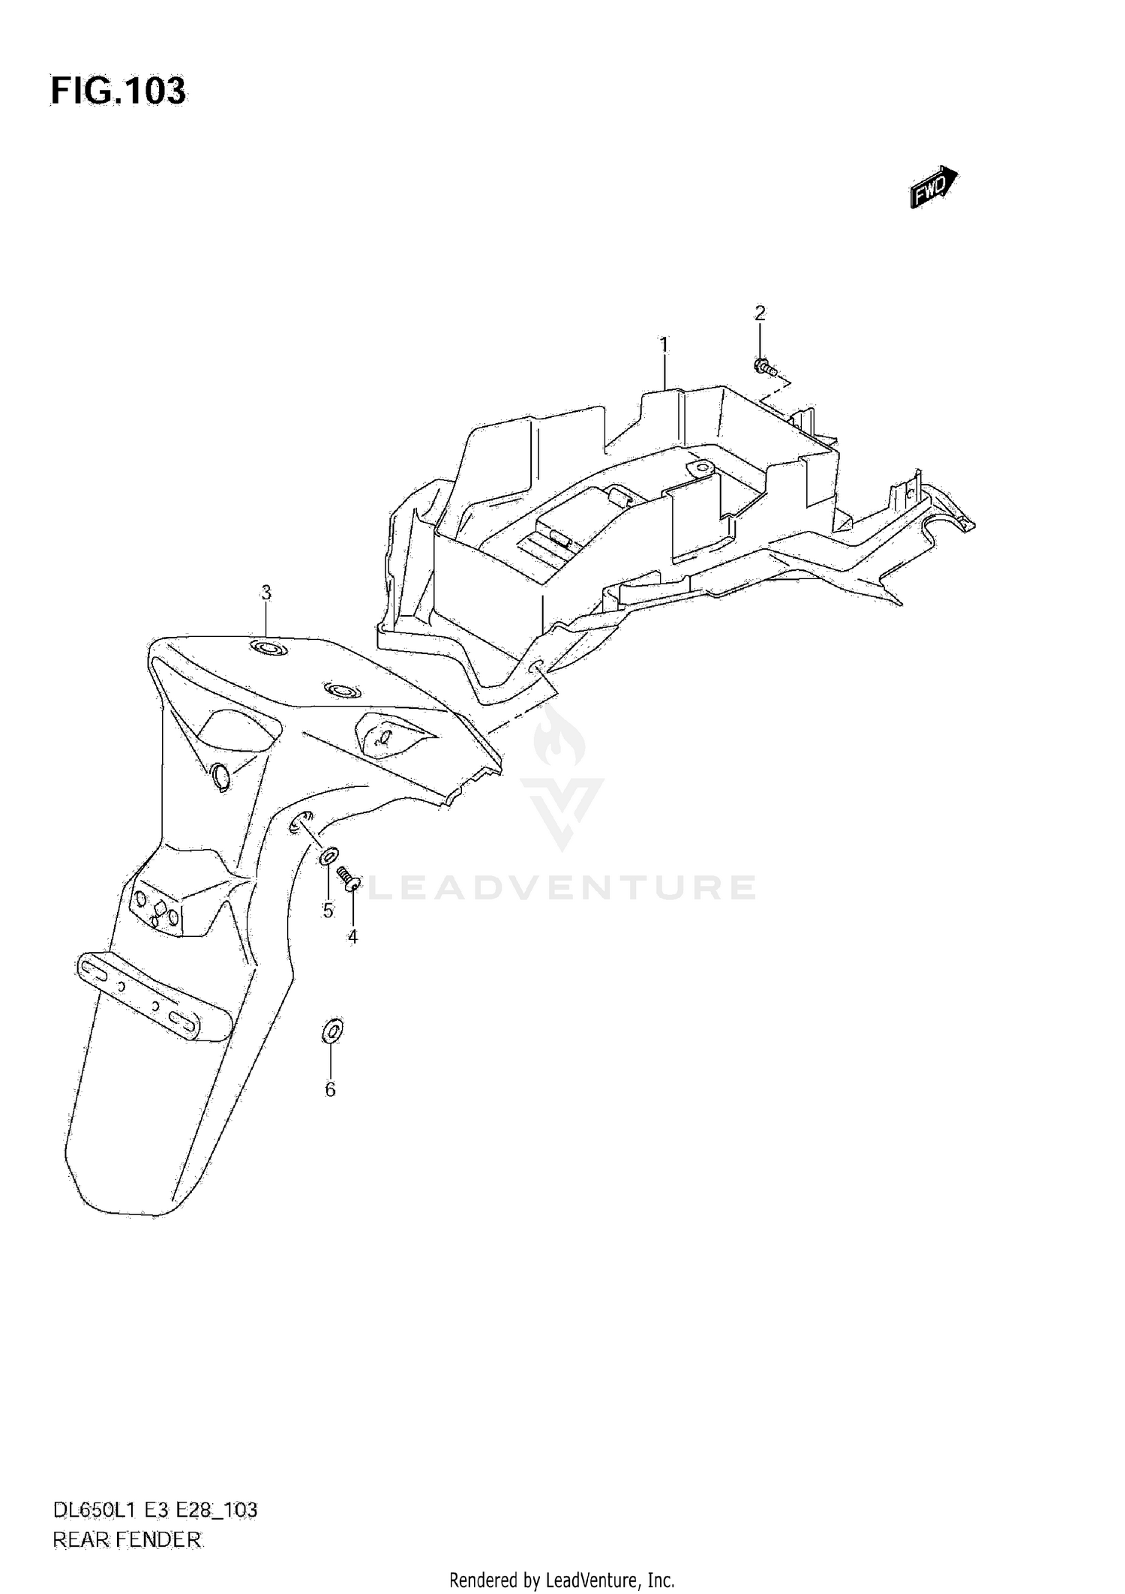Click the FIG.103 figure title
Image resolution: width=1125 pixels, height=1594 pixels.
point(118,91)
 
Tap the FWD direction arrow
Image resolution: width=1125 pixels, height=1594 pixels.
point(933,186)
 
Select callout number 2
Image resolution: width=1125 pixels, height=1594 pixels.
point(760,313)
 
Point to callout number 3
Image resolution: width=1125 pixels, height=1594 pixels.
point(265,593)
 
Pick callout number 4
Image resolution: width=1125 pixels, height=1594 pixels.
point(352,936)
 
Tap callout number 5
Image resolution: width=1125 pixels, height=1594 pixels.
point(328,910)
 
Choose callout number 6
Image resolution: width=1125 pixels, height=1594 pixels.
point(330,1089)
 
